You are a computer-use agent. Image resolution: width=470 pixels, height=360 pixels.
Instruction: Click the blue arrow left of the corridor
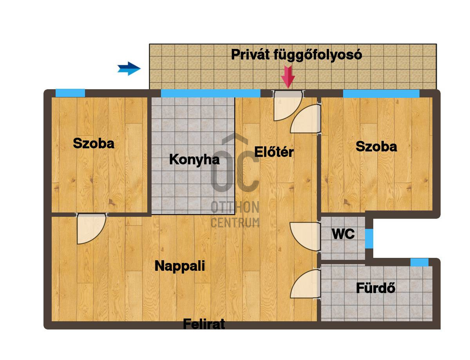coord(129,68)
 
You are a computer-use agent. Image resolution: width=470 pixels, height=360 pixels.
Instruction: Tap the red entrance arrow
coord(288,77)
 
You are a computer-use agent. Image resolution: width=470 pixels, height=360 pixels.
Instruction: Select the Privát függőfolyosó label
coord(296,55)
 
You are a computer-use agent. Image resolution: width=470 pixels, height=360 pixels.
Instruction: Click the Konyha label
coord(194,160)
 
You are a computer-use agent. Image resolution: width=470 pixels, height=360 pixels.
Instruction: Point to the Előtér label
coord(274,152)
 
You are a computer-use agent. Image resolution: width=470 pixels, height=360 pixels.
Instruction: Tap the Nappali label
coord(180,266)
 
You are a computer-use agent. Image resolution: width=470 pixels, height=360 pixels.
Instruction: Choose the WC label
coord(343,234)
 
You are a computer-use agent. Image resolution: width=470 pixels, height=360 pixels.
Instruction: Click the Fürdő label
coord(376,288)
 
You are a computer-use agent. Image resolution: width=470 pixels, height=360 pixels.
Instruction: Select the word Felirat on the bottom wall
coord(204,324)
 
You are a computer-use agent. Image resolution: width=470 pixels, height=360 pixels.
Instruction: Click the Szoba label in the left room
coord(94,143)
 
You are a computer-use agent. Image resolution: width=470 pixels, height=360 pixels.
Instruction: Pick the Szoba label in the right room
coord(376,146)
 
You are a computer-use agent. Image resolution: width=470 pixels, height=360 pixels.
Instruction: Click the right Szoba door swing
coord(306,119)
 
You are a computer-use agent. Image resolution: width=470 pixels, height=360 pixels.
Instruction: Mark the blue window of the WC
coord(369,239)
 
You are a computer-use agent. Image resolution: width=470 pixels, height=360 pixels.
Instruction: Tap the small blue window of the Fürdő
coord(419,262)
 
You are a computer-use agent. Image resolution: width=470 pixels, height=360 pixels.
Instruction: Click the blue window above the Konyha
coord(210,94)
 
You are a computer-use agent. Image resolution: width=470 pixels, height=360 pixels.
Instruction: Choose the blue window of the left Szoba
coord(70,93)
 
